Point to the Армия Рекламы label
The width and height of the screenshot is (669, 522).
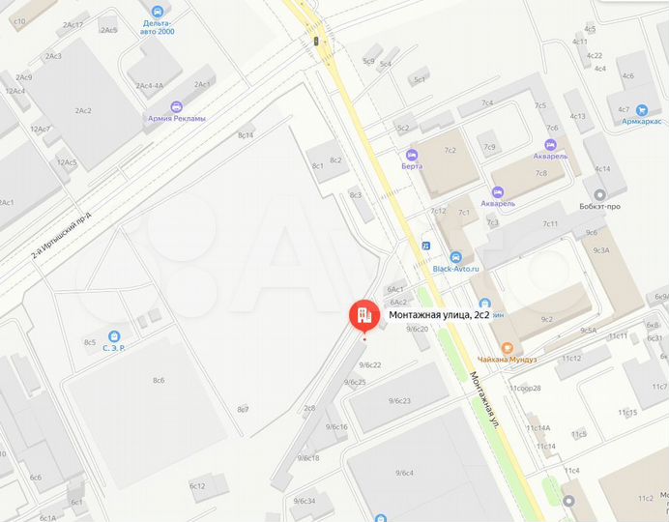point(176,119)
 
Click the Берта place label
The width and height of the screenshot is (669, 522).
point(413,165)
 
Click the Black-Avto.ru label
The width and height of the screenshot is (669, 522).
point(455,269)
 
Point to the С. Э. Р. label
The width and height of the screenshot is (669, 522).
point(114,346)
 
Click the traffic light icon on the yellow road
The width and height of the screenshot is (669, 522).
point(316,41)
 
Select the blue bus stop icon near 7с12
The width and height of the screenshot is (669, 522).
point(424,246)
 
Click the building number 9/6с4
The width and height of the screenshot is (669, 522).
point(404,472)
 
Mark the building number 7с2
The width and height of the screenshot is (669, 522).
point(450,151)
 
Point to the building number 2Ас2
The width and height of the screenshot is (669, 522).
point(83,111)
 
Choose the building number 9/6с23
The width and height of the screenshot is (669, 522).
point(400,400)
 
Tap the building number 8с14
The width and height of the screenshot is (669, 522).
point(246,135)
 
